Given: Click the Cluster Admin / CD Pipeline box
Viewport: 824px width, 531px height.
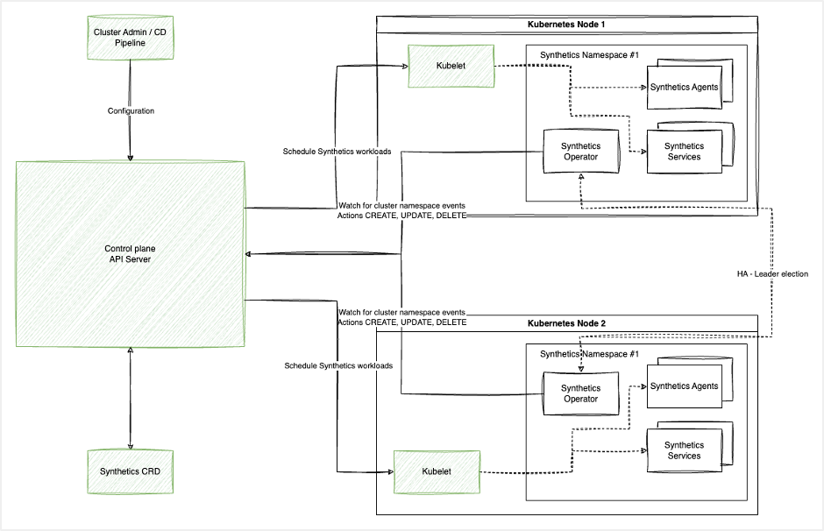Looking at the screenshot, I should [131, 38].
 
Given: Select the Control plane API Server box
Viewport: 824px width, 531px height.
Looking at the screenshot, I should [131, 253].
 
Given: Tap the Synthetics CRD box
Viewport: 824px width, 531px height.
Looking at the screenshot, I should [131, 471].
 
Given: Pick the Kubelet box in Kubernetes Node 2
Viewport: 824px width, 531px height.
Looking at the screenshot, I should [437, 471].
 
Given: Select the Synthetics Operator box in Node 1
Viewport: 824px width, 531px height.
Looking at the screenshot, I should [580, 151].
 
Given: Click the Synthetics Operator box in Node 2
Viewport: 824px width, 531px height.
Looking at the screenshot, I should [580, 393].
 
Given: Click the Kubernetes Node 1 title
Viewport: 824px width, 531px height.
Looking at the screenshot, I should [566, 25].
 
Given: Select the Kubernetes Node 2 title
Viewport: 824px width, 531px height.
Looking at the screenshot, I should [566, 323].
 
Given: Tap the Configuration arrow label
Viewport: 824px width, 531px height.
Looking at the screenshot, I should [131, 111].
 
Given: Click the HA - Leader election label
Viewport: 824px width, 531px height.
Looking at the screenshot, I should [772, 274].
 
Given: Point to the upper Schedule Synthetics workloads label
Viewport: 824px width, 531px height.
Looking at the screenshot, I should [337, 151].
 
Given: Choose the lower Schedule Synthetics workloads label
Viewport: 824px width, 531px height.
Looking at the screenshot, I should [337, 365].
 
